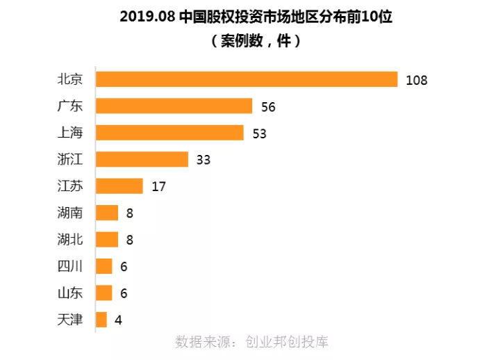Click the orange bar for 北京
coord(246,79)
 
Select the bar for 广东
coord(174,106)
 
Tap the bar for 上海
coord(169,133)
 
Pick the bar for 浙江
coord(142,159)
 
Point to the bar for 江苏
coord(119,186)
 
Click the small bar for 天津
coord(101,320)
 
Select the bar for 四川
coord(103,266)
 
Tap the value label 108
coord(416,80)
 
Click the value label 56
coord(268,106)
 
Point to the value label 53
coord(259,133)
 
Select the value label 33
coord(203,160)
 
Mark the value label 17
coord(158,187)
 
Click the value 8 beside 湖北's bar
coord(129,240)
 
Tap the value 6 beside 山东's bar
coord(124,293)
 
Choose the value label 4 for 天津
coord(118,320)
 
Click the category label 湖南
coord(70,213)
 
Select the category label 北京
coord(70,79)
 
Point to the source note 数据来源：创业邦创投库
coord(251,342)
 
